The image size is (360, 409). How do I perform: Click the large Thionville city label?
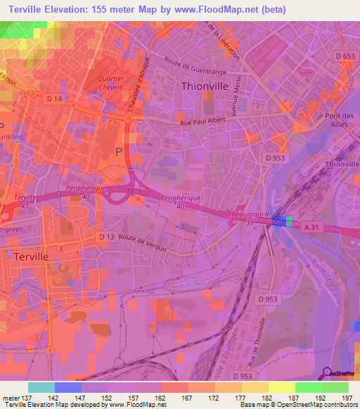click(x=205, y=86)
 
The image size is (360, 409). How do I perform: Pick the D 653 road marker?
click(x=345, y=56)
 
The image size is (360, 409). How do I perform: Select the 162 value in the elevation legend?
click(x=160, y=397)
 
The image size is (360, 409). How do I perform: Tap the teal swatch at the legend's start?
click(x=41, y=387)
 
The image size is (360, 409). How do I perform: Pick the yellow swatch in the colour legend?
click(x=282, y=387)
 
